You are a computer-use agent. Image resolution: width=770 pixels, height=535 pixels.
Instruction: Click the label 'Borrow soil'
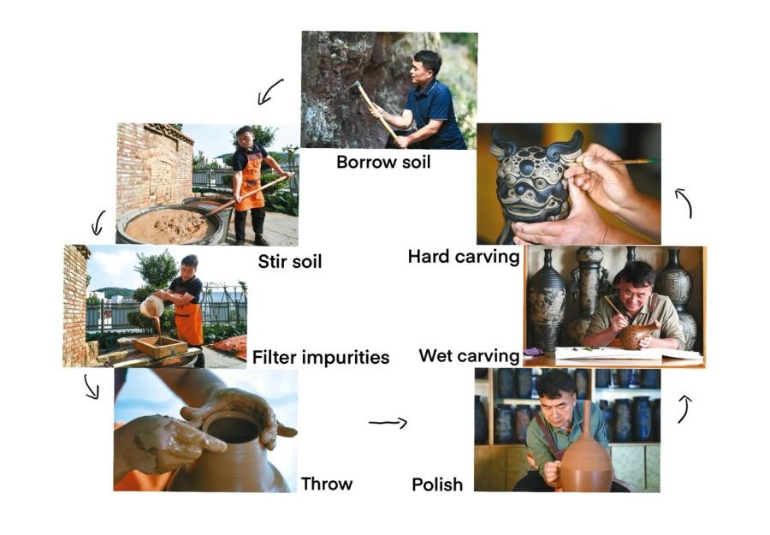point(383,162)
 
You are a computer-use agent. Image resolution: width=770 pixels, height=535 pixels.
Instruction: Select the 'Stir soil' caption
point(290,261)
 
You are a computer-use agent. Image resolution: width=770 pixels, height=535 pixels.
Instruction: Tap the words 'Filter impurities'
point(321,357)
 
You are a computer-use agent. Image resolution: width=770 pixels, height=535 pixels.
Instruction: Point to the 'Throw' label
point(327,484)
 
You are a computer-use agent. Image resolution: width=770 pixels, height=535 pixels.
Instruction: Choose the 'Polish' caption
point(437,484)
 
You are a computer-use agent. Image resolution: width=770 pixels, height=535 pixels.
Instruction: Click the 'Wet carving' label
point(469,356)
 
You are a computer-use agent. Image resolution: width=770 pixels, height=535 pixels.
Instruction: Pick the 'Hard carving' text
point(464,257)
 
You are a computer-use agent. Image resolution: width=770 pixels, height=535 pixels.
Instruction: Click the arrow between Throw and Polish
point(388,422)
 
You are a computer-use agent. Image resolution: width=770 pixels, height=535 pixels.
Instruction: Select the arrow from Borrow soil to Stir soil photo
point(269,92)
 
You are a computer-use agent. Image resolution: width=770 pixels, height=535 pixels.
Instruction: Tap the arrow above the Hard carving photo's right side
point(685,202)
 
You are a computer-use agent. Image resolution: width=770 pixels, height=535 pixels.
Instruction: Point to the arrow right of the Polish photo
point(684,409)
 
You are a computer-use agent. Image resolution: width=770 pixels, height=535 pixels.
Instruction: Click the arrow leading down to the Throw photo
point(91,387)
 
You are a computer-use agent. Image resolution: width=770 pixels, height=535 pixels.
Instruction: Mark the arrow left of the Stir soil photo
point(98,223)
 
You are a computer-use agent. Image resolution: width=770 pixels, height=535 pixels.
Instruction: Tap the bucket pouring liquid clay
point(152,306)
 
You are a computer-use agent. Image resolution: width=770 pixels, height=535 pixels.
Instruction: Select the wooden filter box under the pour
point(161,347)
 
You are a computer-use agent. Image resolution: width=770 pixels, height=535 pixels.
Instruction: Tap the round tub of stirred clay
point(169,225)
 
